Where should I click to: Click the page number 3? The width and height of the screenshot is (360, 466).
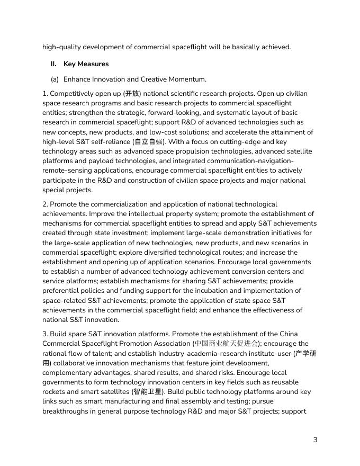click(x=316, y=440)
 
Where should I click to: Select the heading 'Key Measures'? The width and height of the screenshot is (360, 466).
click(x=86, y=64)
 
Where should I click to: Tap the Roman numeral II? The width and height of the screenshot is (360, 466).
click(x=53, y=64)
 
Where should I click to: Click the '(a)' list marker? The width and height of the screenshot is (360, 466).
click(x=55, y=79)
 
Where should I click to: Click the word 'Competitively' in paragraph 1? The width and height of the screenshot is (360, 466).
click(x=73, y=94)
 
